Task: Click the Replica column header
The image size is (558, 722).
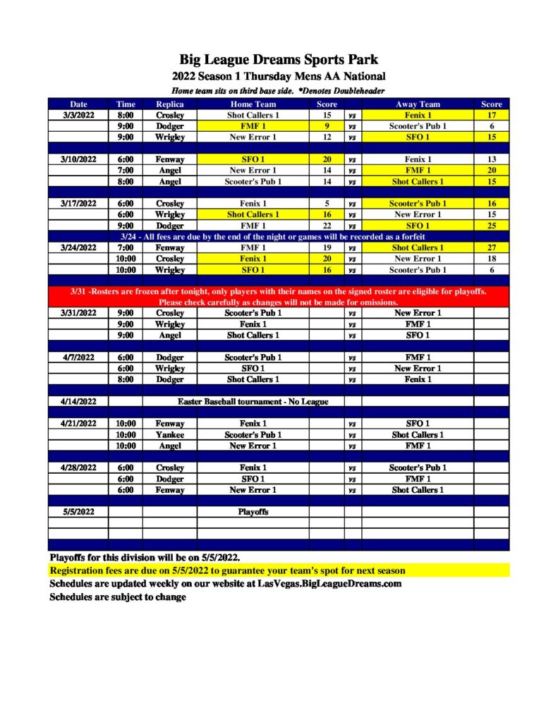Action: pyautogui.click(x=169, y=104)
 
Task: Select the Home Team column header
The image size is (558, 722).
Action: pyautogui.click(x=253, y=104)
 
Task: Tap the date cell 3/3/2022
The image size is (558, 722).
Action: pyautogui.click(x=78, y=115)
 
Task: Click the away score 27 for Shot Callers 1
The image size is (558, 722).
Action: pyautogui.click(x=491, y=247)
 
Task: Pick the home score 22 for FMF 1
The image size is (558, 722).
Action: pyautogui.click(x=327, y=226)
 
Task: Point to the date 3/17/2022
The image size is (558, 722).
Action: pyautogui.click(x=78, y=203)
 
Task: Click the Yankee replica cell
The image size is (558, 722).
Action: pyautogui.click(x=169, y=435)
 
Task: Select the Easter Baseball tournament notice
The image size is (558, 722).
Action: pyautogui.click(x=253, y=401)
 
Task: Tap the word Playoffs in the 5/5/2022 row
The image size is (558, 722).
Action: pyautogui.click(x=253, y=512)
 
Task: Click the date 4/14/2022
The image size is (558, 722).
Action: pyautogui.click(x=78, y=401)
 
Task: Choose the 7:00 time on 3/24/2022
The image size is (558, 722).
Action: pyautogui.click(x=126, y=247)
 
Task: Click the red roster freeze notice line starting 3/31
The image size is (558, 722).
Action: pyautogui.click(x=279, y=292)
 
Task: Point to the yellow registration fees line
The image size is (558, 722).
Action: pyautogui.click(x=227, y=570)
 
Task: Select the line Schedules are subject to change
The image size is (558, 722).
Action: pyautogui.click(x=118, y=597)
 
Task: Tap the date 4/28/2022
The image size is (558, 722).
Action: pyautogui.click(x=78, y=467)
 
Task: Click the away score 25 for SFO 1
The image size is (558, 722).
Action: pyautogui.click(x=491, y=226)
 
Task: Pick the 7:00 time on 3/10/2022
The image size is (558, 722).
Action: pyautogui.click(x=126, y=170)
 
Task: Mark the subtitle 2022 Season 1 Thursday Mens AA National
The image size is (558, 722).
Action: pyautogui.click(x=279, y=76)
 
